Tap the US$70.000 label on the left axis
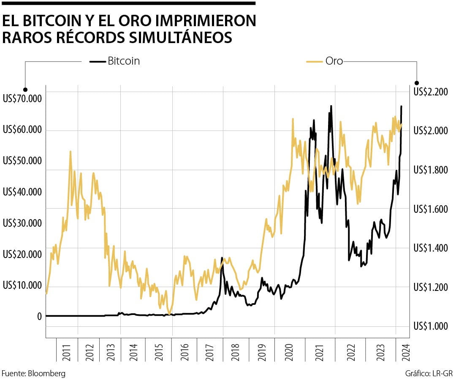coord(22,99)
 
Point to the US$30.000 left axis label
coord(22,223)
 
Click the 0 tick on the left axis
coord(39,317)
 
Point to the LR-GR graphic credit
coord(442,374)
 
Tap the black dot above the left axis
coord(25,90)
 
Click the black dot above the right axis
coord(417,83)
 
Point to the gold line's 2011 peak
coord(70,151)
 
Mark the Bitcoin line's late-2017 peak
coord(222,258)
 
